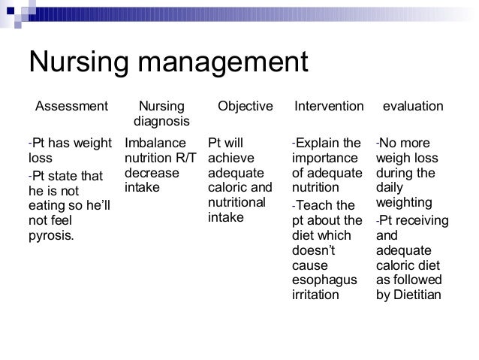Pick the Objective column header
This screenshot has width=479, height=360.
pyautogui.click(x=246, y=107)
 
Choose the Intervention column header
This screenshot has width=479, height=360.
pyautogui.click(x=328, y=107)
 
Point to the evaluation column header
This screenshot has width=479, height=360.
pyautogui.click(x=413, y=107)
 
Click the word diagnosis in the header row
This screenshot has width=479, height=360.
pyautogui.click(x=161, y=121)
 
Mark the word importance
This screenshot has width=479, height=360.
pyautogui.click(x=325, y=158)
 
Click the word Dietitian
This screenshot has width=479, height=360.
pyautogui.click(x=417, y=295)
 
